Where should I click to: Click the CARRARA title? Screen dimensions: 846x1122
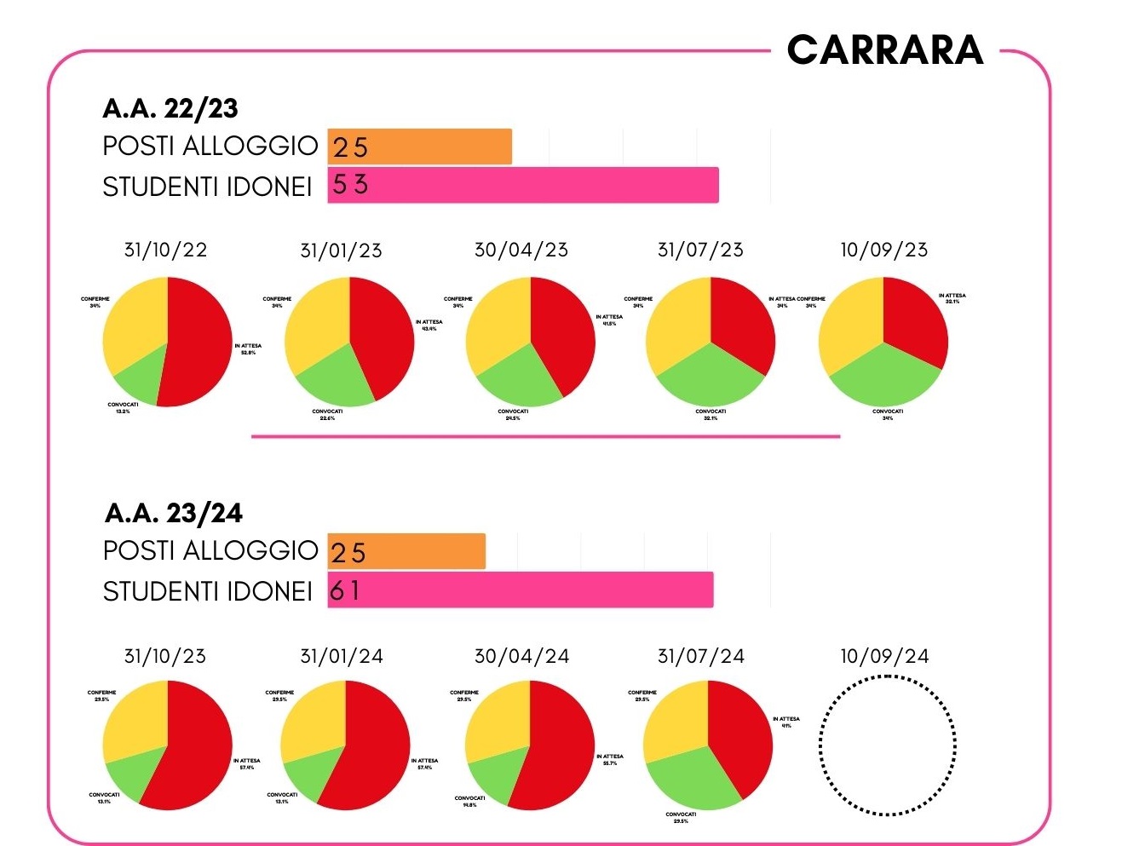(x=885, y=50)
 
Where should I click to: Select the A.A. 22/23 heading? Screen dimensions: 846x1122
(x=170, y=108)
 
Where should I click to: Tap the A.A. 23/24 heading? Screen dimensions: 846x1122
(x=173, y=513)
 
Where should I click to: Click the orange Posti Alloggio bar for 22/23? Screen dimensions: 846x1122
(x=419, y=147)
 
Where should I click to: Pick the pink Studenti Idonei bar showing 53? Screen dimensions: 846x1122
(x=522, y=185)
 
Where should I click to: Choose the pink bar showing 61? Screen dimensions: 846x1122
(x=520, y=590)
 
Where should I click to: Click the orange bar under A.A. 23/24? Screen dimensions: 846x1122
(x=406, y=552)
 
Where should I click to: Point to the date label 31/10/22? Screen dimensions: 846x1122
(x=165, y=250)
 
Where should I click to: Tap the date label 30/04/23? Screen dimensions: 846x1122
(x=521, y=250)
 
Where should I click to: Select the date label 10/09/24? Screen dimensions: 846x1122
(x=884, y=656)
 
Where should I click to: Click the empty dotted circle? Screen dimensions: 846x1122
(x=887, y=745)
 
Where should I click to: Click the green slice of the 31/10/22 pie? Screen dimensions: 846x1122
(x=138, y=377)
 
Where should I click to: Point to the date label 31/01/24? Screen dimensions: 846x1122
(x=342, y=656)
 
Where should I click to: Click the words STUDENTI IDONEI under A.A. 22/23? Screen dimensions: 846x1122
(x=207, y=186)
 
